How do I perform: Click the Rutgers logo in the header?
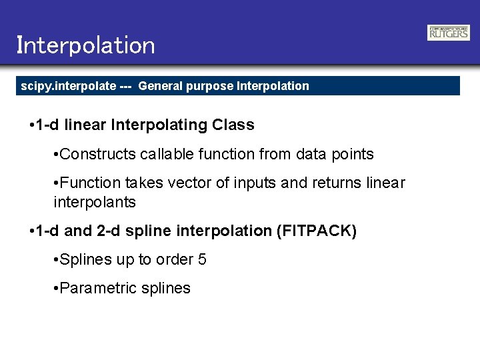449,33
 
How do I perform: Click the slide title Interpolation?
85,45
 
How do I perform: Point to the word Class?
233,125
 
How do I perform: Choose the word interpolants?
94,202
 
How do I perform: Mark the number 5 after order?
202,260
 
